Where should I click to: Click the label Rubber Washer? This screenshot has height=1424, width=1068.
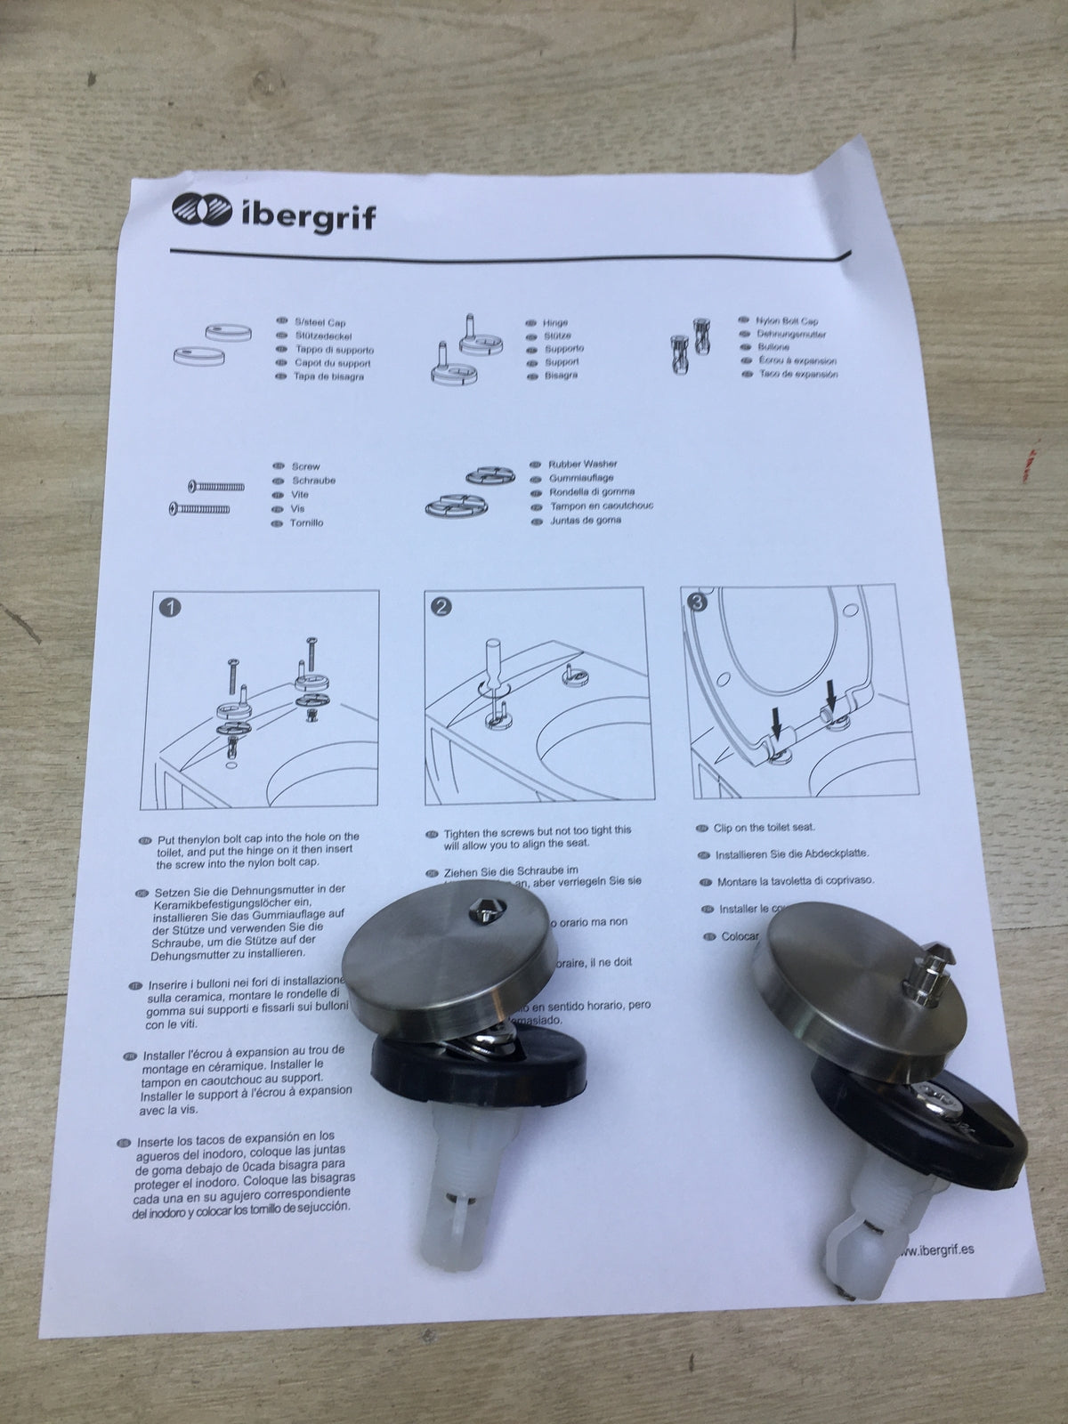click(582, 464)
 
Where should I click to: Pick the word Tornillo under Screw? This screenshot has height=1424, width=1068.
click(307, 522)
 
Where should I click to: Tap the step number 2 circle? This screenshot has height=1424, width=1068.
click(441, 608)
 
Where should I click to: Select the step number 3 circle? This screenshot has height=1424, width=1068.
click(697, 603)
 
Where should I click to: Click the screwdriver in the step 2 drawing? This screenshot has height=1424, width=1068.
click(491, 666)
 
